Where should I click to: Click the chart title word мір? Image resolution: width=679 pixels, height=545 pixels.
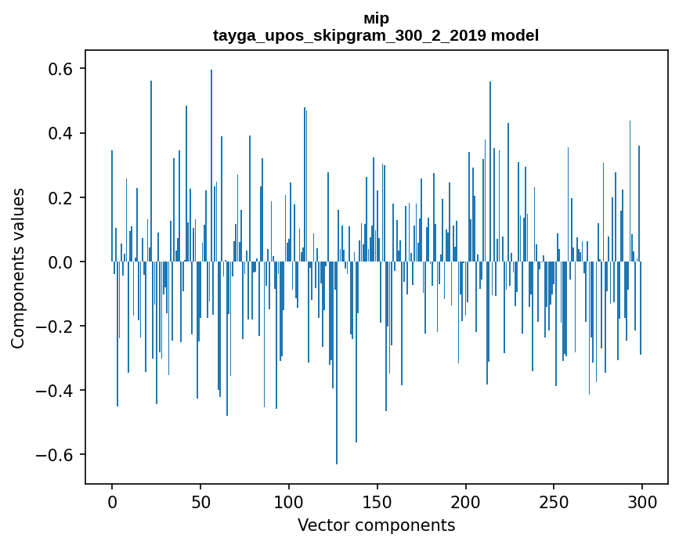click(376, 18)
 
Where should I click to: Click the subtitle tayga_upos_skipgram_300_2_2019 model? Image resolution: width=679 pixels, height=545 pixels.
click(376, 35)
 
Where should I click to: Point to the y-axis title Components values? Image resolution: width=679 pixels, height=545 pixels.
click(18, 268)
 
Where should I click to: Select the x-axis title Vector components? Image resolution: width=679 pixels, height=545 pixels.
click(376, 525)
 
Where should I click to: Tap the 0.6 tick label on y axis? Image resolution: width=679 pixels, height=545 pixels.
click(56, 69)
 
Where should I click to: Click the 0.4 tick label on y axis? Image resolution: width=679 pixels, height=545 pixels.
click(56, 133)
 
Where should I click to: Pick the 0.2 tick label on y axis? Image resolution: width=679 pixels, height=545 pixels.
click(56, 197)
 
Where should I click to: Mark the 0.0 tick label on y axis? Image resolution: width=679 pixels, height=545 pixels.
click(56, 262)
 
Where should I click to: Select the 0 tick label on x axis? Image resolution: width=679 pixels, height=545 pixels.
click(112, 501)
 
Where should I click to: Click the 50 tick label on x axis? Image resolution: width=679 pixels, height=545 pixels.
click(200, 501)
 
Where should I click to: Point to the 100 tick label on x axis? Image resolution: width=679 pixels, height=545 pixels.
click(289, 501)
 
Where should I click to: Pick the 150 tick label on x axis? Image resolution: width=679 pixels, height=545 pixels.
click(377, 501)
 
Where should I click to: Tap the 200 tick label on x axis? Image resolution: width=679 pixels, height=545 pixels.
click(466, 501)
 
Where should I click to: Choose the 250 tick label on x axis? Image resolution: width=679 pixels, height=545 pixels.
click(554, 501)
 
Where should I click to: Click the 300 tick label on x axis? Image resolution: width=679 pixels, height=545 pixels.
click(643, 501)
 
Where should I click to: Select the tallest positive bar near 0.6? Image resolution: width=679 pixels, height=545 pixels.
click(211, 157)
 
